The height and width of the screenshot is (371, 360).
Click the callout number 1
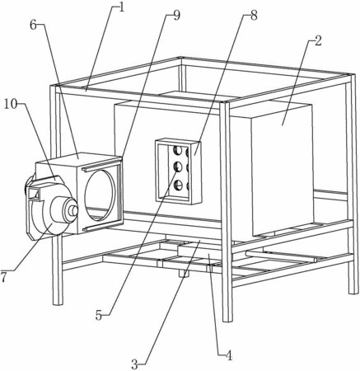coord(121,7)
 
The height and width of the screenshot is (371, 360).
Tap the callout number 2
coord(318,41)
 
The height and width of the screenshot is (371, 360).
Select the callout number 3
coord(134,364)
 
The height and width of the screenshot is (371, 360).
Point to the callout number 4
coord(229,355)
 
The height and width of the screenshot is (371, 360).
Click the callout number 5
coord(99,315)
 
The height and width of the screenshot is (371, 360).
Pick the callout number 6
coord(33,25)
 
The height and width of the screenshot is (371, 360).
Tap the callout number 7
coord(3,277)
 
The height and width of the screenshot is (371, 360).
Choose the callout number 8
coord(254,16)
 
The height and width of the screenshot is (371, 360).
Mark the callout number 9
coord(177,16)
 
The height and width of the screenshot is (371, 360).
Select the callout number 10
coord(11,105)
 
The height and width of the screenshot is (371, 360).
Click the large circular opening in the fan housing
coord(99,195)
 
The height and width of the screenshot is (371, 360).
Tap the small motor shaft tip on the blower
coord(74,211)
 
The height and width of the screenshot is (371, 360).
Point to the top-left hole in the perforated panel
coord(177,151)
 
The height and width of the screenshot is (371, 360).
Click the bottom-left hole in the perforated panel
coord(177,185)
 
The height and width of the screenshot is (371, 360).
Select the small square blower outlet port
coord(33,194)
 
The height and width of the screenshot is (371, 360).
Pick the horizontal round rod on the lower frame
coord(281,256)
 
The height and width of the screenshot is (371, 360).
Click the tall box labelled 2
coord(283,170)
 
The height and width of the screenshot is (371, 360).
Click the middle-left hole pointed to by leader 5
coord(177,167)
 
